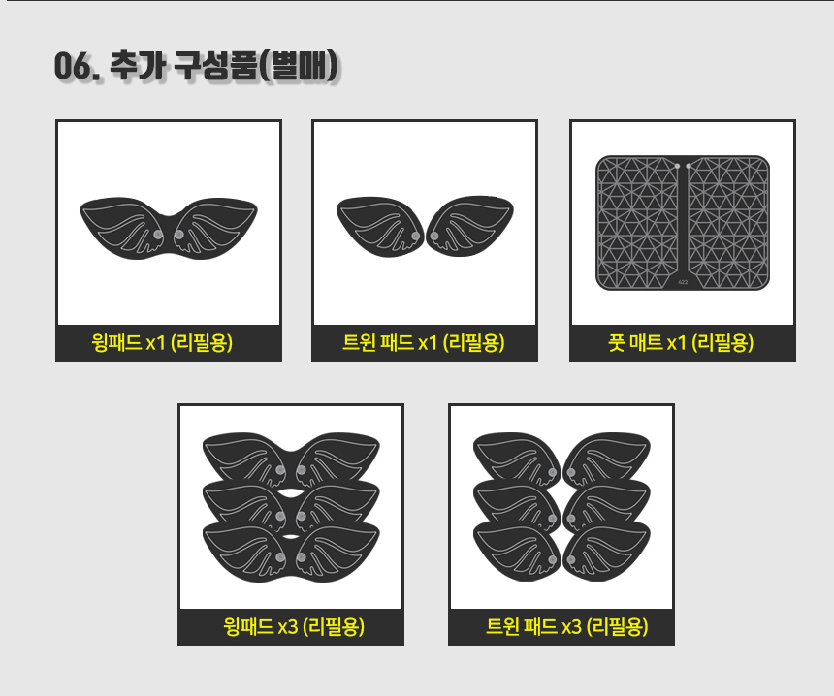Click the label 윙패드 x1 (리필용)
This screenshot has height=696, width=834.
(162, 343)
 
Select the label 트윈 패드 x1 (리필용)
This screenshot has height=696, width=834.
(424, 343)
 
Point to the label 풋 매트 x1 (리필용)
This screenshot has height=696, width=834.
(681, 343)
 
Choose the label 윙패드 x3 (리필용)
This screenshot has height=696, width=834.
(294, 626)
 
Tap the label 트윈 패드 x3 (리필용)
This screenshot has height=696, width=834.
(567, 626)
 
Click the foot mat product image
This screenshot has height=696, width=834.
(683, 223)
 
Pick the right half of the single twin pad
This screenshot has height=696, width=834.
(469, 226)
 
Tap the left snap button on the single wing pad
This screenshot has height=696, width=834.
(158, 235)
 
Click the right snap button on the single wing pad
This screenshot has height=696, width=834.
(179, 235)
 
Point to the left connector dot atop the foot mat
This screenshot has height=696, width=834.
(677, 167)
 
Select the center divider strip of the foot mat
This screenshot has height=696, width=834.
(683, 223)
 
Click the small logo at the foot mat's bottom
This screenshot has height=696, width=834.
(683, 282)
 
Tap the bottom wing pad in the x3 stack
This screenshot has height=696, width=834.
(291, 551)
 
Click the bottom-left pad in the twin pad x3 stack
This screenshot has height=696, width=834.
(517, 552)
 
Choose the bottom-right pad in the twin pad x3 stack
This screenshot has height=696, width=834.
(606, 552)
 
